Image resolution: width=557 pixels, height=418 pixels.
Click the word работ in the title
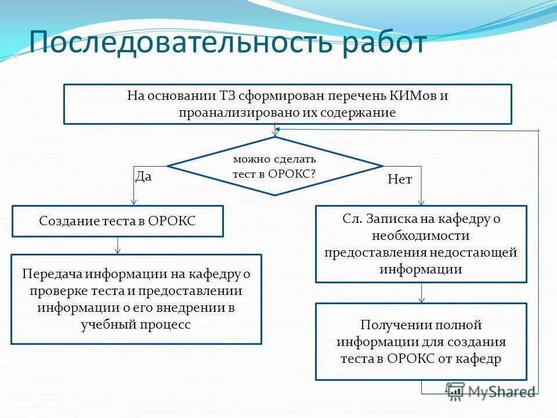384,44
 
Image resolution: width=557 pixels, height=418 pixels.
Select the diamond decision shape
274,166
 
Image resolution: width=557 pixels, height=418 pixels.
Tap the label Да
143,176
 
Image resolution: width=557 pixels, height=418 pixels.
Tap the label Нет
400,180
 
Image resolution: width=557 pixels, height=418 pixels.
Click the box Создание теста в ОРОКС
118,221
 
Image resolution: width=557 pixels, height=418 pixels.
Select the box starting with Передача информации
136,299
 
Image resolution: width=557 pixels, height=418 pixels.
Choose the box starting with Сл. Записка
421,244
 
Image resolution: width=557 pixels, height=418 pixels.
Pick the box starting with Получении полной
421,341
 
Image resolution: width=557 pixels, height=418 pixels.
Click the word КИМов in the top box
411,96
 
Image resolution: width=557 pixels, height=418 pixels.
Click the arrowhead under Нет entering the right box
422,202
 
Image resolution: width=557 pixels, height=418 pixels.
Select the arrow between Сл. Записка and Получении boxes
422,293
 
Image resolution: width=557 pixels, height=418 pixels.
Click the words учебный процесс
136,325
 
